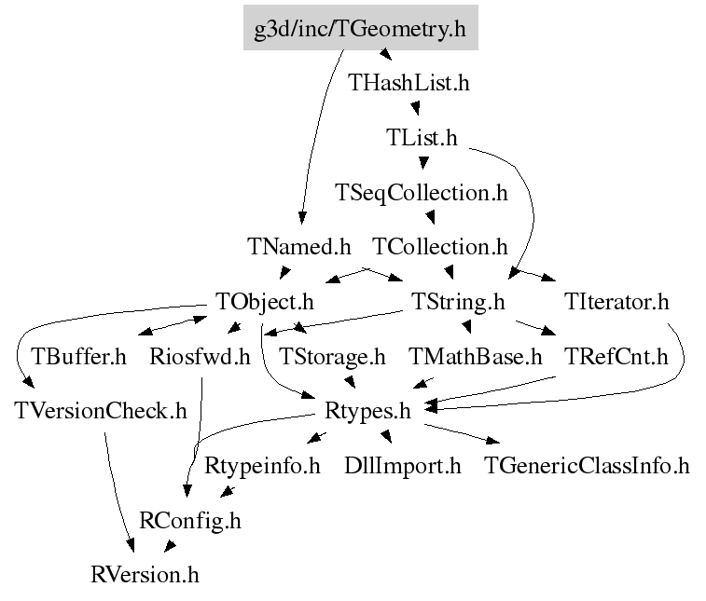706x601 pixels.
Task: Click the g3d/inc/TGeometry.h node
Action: [361, 27]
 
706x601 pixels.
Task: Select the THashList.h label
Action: [408, 83]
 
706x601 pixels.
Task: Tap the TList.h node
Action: [422, 137]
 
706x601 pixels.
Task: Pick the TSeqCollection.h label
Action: [422, 193]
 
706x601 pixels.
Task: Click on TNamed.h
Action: [299, 247]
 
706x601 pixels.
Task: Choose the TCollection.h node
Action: [440, 247]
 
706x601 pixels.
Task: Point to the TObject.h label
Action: [264, 302]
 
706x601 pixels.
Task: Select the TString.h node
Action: [458, 302]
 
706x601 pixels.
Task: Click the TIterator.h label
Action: [616, 301]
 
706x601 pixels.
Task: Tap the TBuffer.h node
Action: [78, 357]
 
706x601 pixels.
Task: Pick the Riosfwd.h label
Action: [200, 357]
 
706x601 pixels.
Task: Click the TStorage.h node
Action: [332, 357]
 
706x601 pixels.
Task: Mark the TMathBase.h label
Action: [476, 357]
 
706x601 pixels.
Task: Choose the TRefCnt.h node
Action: [616, 357]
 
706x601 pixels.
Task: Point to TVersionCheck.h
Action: [101, 411]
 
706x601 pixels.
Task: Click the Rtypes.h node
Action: [367, 412]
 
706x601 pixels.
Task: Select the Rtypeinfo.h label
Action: [262, 466]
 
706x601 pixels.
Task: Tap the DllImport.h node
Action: [403, 466]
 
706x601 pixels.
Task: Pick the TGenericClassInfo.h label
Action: [588, 466]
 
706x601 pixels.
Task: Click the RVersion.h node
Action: [145, 575]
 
